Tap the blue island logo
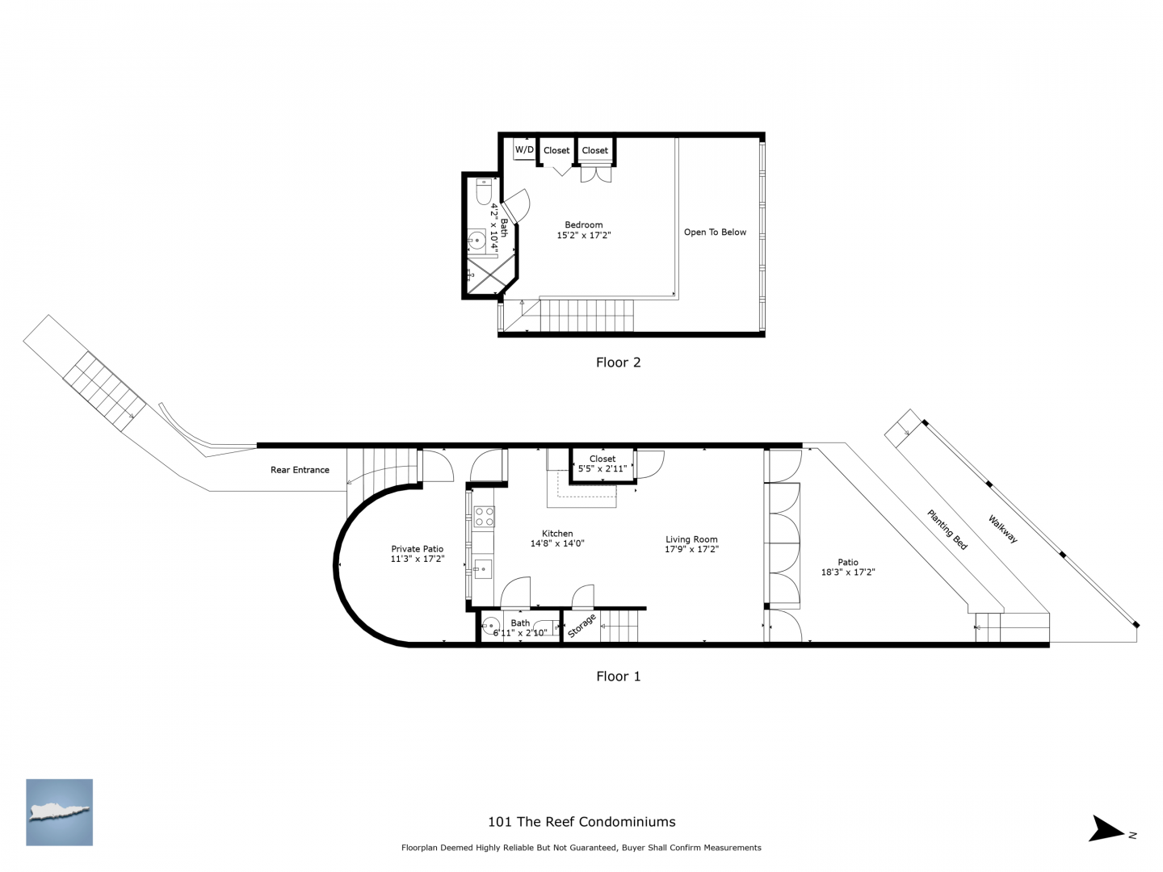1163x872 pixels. tap(59, 812)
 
